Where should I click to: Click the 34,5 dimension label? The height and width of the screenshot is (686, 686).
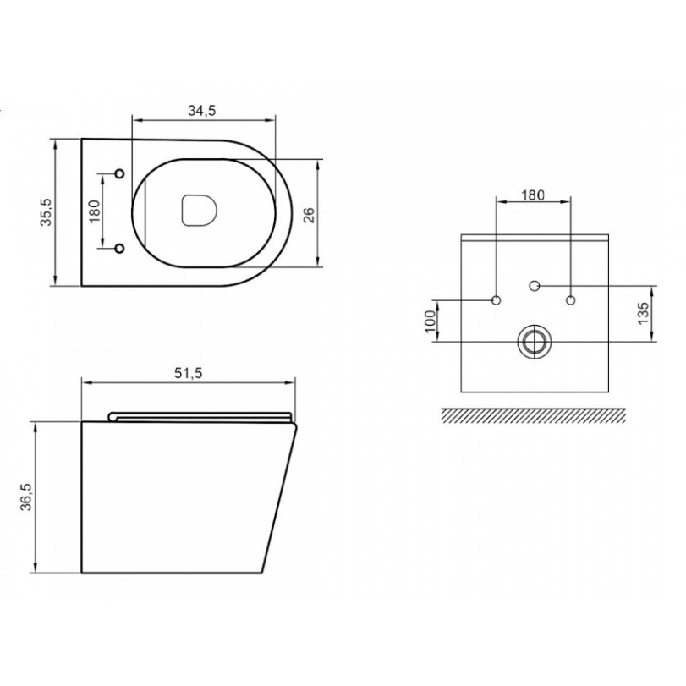202,111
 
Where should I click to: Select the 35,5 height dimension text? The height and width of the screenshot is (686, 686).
46,212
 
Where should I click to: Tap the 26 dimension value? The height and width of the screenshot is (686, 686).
310,215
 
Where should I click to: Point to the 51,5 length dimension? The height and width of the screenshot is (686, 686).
189,373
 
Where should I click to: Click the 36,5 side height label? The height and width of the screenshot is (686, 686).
27,497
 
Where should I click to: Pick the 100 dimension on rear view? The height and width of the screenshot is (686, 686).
431,321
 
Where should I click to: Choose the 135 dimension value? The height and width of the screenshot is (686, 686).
643,313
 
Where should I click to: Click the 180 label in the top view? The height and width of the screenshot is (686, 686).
95,211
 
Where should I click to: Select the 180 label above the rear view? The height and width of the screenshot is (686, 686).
532,195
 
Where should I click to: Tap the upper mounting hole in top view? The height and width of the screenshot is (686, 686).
119,173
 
